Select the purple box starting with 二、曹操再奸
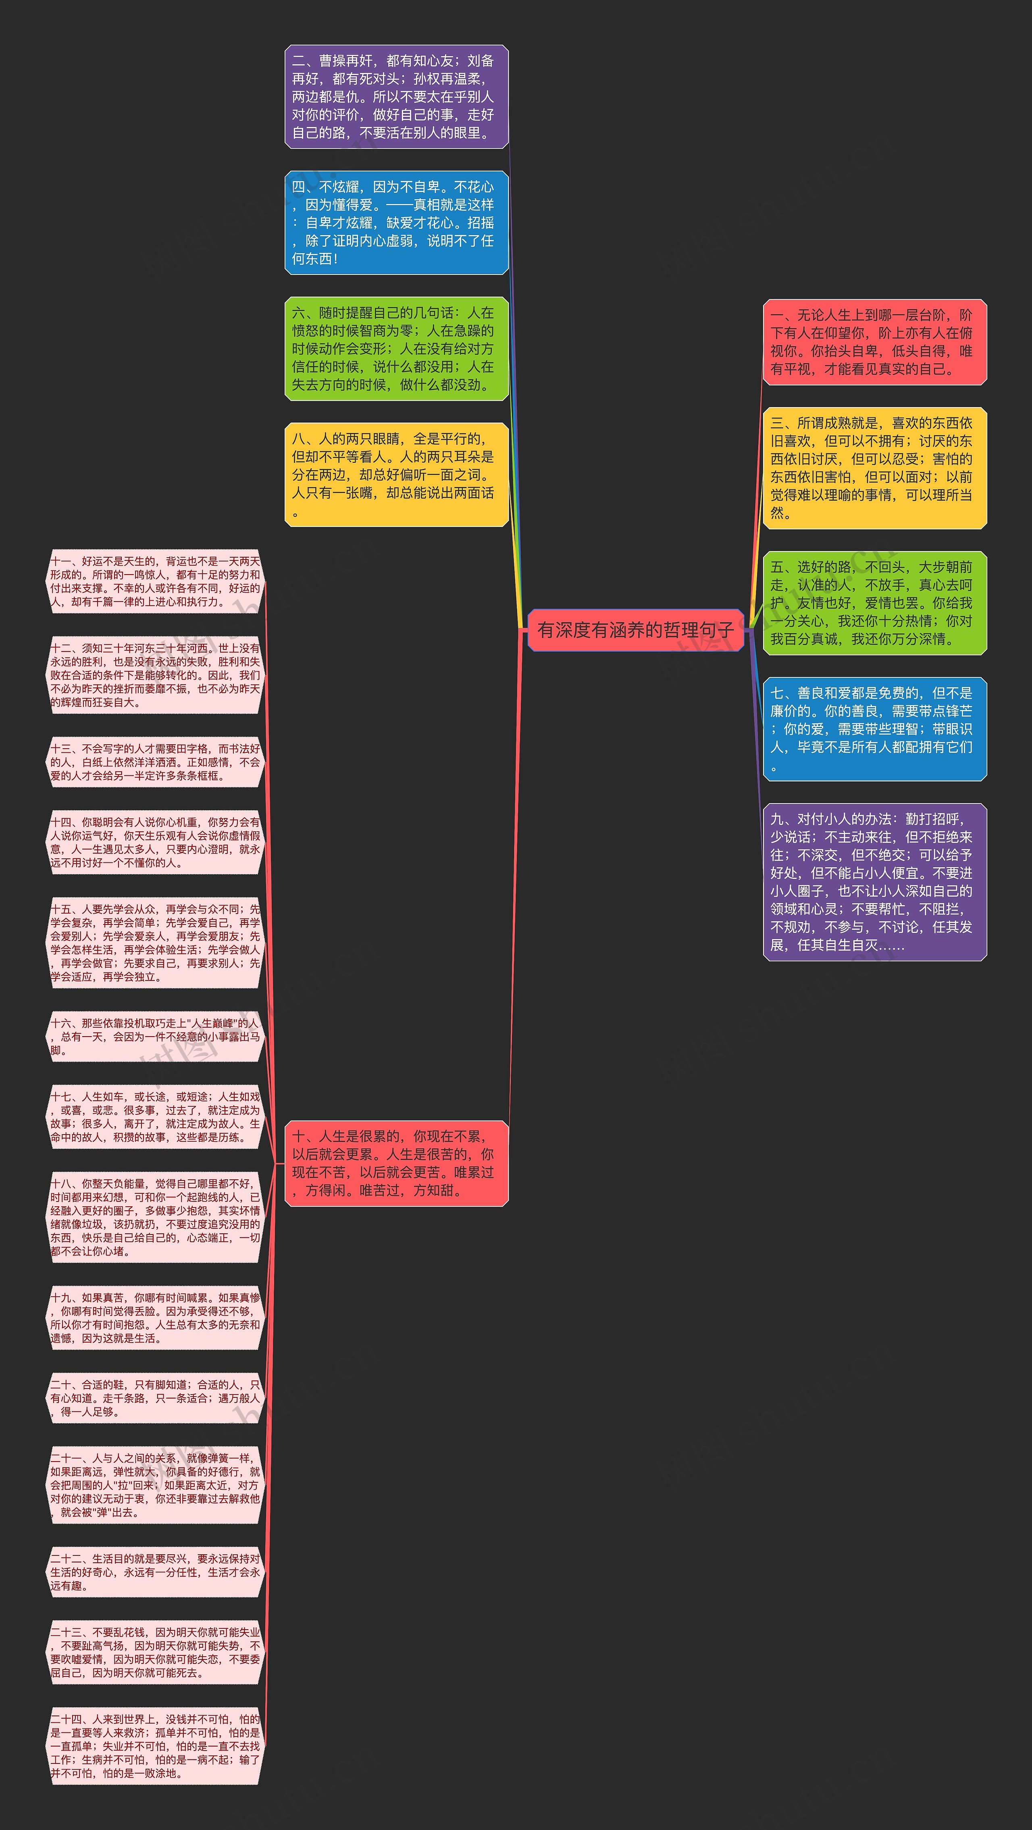(x=396, y=97)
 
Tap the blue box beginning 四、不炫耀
(x=396, y=223)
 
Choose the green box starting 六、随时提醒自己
(x=396, y=349)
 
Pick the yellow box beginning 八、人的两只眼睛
(x=396, y=475)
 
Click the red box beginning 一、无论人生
(x=874, y=342)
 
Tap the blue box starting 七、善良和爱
(x=874, y=729)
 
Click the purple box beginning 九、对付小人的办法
(x=874, y=882)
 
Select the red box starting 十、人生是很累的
(x=396, y=1163)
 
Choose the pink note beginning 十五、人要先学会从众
(x=155, y=943)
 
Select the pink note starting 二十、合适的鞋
(x=155, y=1398)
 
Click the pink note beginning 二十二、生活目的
(x=155, y=1572)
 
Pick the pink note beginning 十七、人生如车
(x=155, y=1117)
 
